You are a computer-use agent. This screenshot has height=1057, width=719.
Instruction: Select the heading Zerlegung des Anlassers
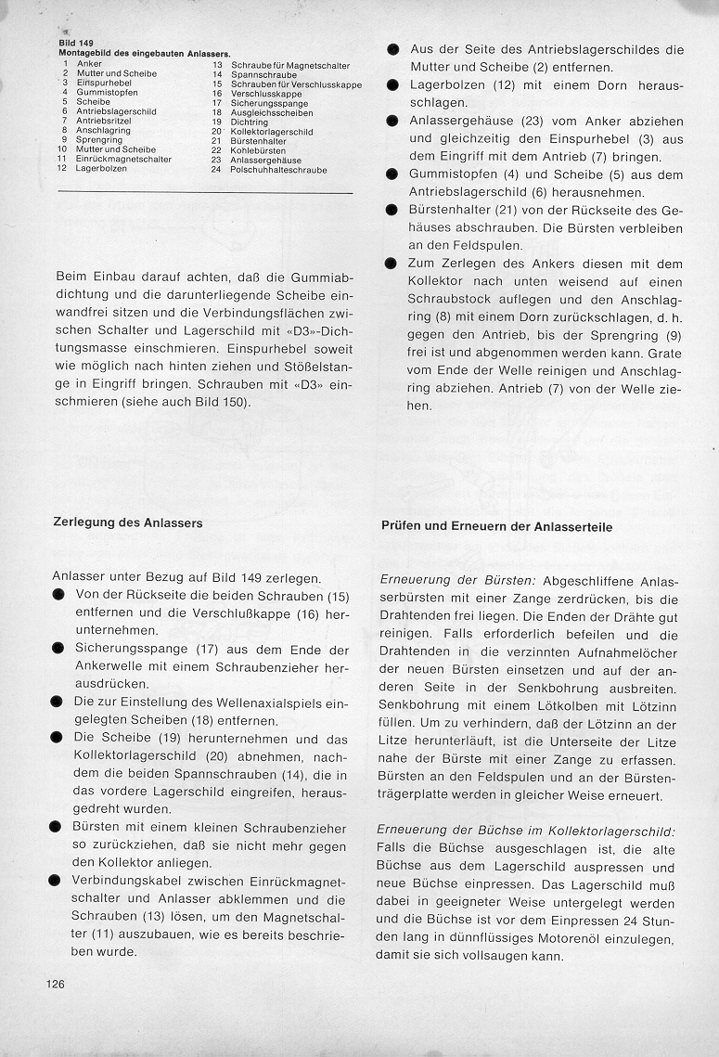pyautogui.click(x=128, y=522)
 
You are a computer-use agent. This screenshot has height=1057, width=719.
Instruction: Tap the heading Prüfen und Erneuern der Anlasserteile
pyautogui.click(x=496, y=526)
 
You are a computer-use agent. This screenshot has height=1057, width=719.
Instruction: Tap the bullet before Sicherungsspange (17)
pyautogui.click(x=58, y=649)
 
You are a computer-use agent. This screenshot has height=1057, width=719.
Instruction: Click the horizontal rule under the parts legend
pyautogui.click(x=205, y=192)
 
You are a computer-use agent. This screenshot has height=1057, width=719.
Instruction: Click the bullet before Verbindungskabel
pyautogui.click(x=58, y=881)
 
